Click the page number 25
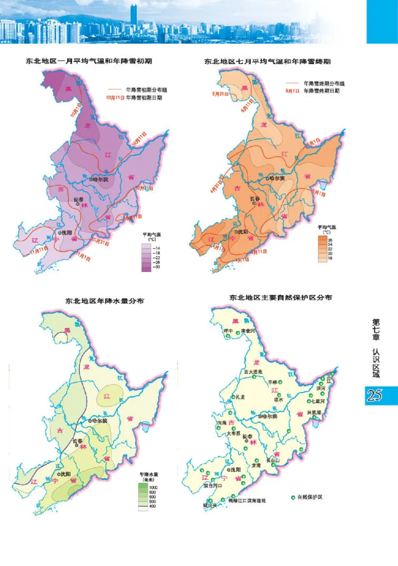374,395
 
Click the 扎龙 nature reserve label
240,397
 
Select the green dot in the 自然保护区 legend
293,496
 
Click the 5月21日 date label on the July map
220,94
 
